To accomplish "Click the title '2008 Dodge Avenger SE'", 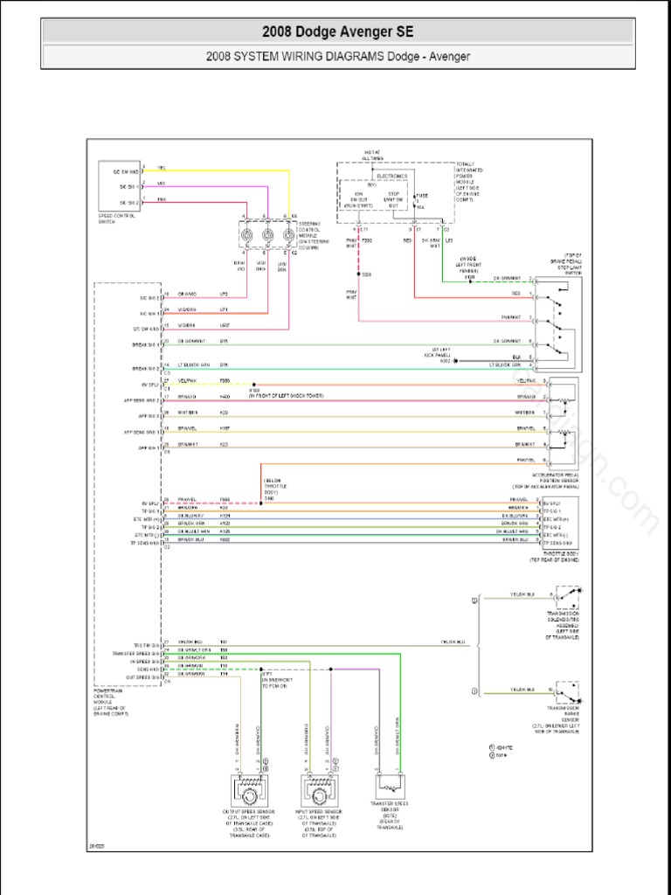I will coord(338,32).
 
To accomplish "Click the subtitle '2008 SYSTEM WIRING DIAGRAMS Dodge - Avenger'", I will coord(338,57).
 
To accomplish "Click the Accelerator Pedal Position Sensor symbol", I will coord(560,420).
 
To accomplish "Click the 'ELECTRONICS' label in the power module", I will coord(391,176).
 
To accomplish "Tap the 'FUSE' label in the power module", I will coord(422,196).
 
